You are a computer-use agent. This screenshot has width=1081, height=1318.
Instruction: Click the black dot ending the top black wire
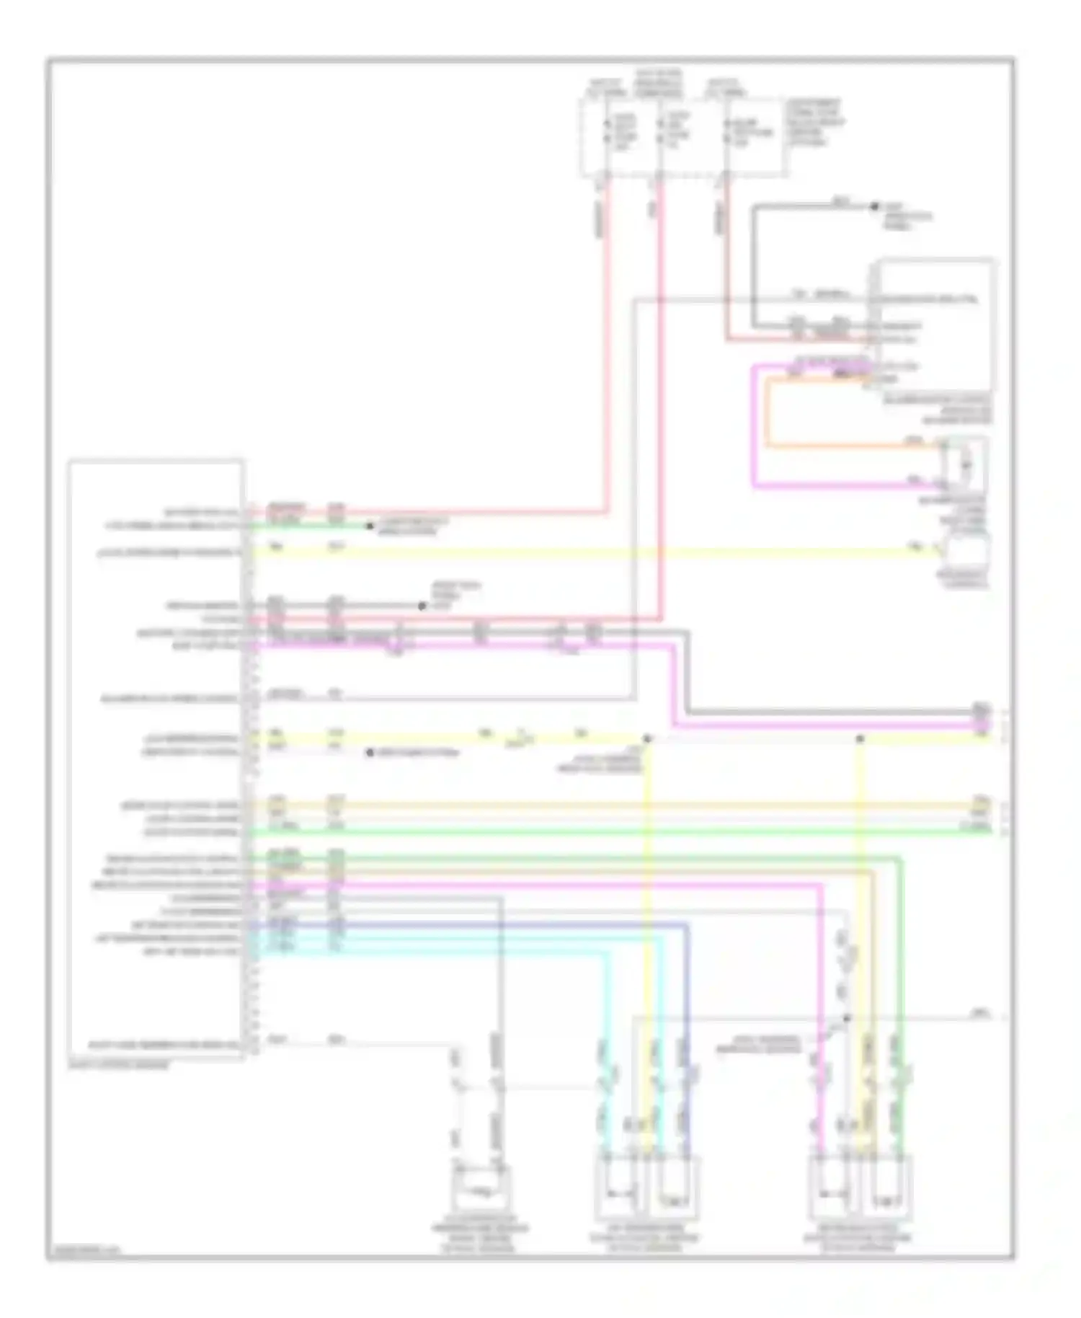point(874,206)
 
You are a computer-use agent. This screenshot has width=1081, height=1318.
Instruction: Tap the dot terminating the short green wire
point(370,526)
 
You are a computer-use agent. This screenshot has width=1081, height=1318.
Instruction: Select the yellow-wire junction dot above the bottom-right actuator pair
point(860,739)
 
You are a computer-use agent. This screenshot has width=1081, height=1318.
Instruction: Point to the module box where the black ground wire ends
point(935,324)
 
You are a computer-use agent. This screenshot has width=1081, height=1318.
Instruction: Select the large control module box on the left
point(156,757)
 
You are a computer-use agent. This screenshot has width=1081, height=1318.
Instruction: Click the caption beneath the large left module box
point(119,1064)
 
